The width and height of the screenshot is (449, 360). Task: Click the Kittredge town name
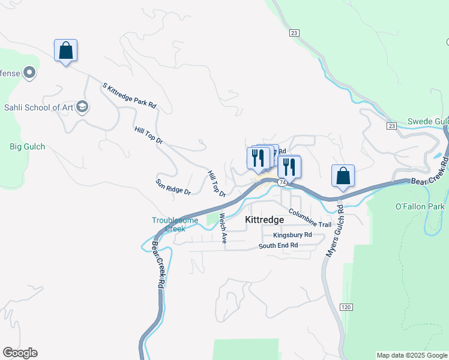[x=264, y=220]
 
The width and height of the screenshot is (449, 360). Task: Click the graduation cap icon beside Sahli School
[x=82, y=107]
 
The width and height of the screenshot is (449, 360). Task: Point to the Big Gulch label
[x=28, y=146]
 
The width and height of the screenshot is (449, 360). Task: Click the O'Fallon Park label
[x=420, y=206]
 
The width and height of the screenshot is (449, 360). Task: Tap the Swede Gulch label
[x=428, y=121]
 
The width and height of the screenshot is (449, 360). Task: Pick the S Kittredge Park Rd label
[x=130, y=96]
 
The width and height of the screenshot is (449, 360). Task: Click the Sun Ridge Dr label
[x=173, y=187]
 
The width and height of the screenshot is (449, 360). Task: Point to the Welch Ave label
[x=223, y=228]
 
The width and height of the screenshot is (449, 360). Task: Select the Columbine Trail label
[x=310, y=218]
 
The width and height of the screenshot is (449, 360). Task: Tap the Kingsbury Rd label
[x=292, y=235]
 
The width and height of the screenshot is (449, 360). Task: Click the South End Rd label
[x=278, y=245]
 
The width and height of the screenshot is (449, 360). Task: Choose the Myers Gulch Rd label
[x=335, y=232]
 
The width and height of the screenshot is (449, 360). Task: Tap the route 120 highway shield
[x=345, y=307]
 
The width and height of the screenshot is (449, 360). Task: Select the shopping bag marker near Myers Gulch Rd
[x=343, y=176]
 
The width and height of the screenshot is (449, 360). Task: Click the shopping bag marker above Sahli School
[x=66, y=51]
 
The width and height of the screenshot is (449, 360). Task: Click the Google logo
[x=20, y=353]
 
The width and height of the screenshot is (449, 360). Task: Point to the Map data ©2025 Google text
[x=412, y=355]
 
